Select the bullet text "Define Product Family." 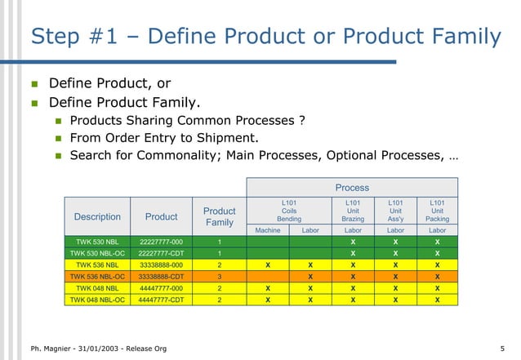coord(125,103)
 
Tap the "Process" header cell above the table coord(352,187)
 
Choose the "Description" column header coord(97,217)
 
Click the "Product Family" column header coord(220,217)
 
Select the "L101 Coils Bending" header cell coord(289,210)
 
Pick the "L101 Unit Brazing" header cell coord(353,210)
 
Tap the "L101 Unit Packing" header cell coord(437,210)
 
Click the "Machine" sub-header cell coord(268,231)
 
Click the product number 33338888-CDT coord(161,277)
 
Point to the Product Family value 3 coord(220,277)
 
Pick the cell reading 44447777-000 coord(161,288)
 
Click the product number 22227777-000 coord(161,242)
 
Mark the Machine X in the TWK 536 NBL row coord(268,265)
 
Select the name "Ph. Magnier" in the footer coord(42,349)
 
